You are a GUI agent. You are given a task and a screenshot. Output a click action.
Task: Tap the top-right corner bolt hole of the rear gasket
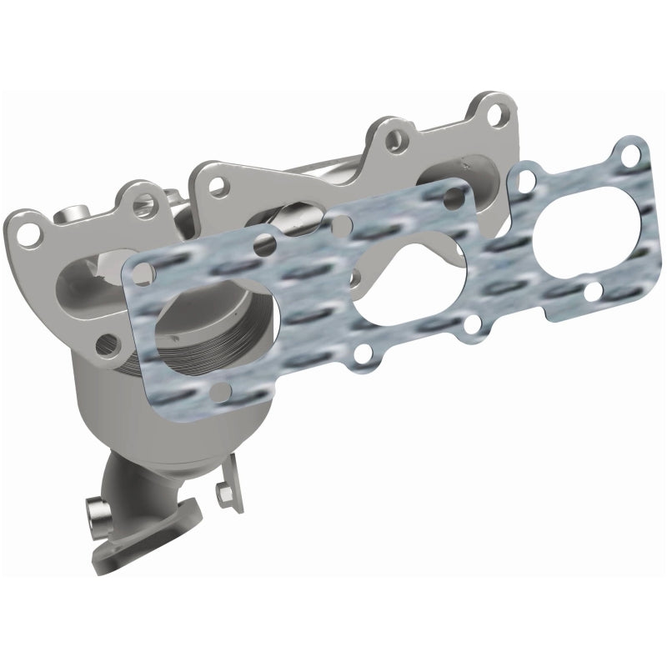636,152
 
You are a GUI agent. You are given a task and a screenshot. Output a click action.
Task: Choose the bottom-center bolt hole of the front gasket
361,357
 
